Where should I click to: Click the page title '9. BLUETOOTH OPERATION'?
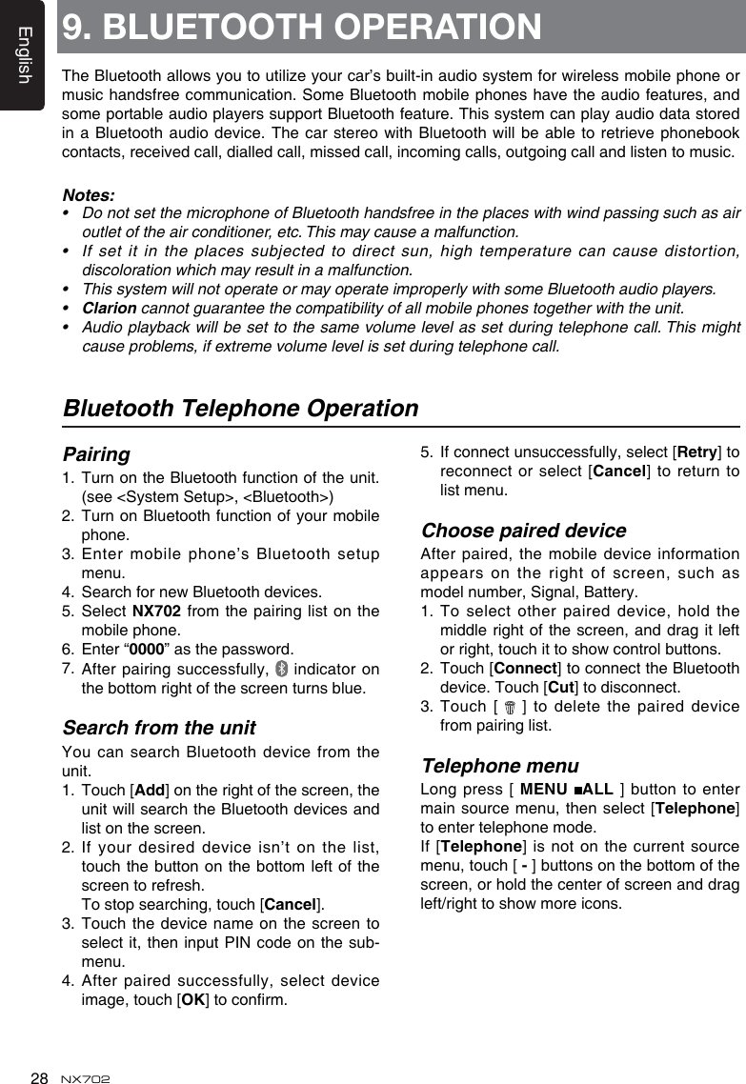[302, 27]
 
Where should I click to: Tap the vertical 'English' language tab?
[24, 55]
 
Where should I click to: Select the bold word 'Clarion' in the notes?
[109, 308]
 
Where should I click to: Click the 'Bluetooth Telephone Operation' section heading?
[240, 409]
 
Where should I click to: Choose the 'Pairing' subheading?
[96, 454]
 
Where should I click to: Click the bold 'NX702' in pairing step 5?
[151, 612]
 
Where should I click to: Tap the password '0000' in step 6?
[144, 650]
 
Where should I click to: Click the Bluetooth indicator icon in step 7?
[280, 670]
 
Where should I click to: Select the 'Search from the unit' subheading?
[159, 729]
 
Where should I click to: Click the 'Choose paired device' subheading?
[523, 531]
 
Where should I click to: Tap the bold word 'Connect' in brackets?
[525, 669]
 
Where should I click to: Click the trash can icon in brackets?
[511, 708]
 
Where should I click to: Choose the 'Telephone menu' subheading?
[499, 767]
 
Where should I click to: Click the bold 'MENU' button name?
[544, 790]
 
